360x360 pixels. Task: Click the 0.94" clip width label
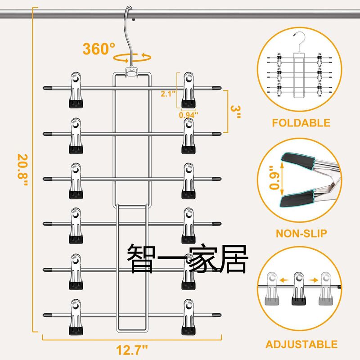[x=188, y=114]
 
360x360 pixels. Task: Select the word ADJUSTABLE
[x=301, y=345]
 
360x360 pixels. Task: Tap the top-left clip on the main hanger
[x=76, y=90]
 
